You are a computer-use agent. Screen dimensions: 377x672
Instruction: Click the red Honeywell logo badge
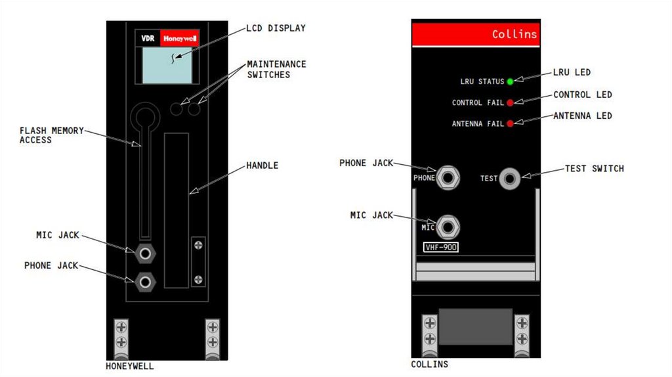180,39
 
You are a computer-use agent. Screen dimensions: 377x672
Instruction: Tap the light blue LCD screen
167,67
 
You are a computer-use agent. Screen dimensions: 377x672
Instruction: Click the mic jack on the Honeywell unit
145,252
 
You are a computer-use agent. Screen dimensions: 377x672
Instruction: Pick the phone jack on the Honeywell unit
145,282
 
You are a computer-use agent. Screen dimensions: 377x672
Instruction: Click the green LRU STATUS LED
510,81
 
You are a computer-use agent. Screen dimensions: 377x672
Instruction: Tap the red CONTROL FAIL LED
510,102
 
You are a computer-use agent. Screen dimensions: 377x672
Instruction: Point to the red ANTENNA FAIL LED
510,123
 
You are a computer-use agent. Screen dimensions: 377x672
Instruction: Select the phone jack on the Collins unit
448,177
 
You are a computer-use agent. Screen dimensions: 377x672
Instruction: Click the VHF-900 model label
441,247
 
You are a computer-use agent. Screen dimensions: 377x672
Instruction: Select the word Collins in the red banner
514,34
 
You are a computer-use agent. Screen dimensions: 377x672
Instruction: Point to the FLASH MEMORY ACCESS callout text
52,135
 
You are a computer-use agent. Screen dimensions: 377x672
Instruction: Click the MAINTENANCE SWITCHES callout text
276,69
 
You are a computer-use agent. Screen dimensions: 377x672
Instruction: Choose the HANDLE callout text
262,166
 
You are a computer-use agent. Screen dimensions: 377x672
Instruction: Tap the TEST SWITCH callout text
594,169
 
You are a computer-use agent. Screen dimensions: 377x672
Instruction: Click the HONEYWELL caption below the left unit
130,366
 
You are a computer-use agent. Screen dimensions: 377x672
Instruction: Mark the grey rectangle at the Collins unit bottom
475,326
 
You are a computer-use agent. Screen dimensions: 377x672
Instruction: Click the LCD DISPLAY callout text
276,28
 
